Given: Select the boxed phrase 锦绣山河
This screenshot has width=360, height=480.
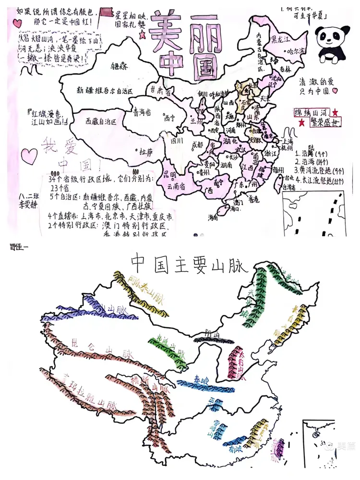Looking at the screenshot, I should click(312, 112).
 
